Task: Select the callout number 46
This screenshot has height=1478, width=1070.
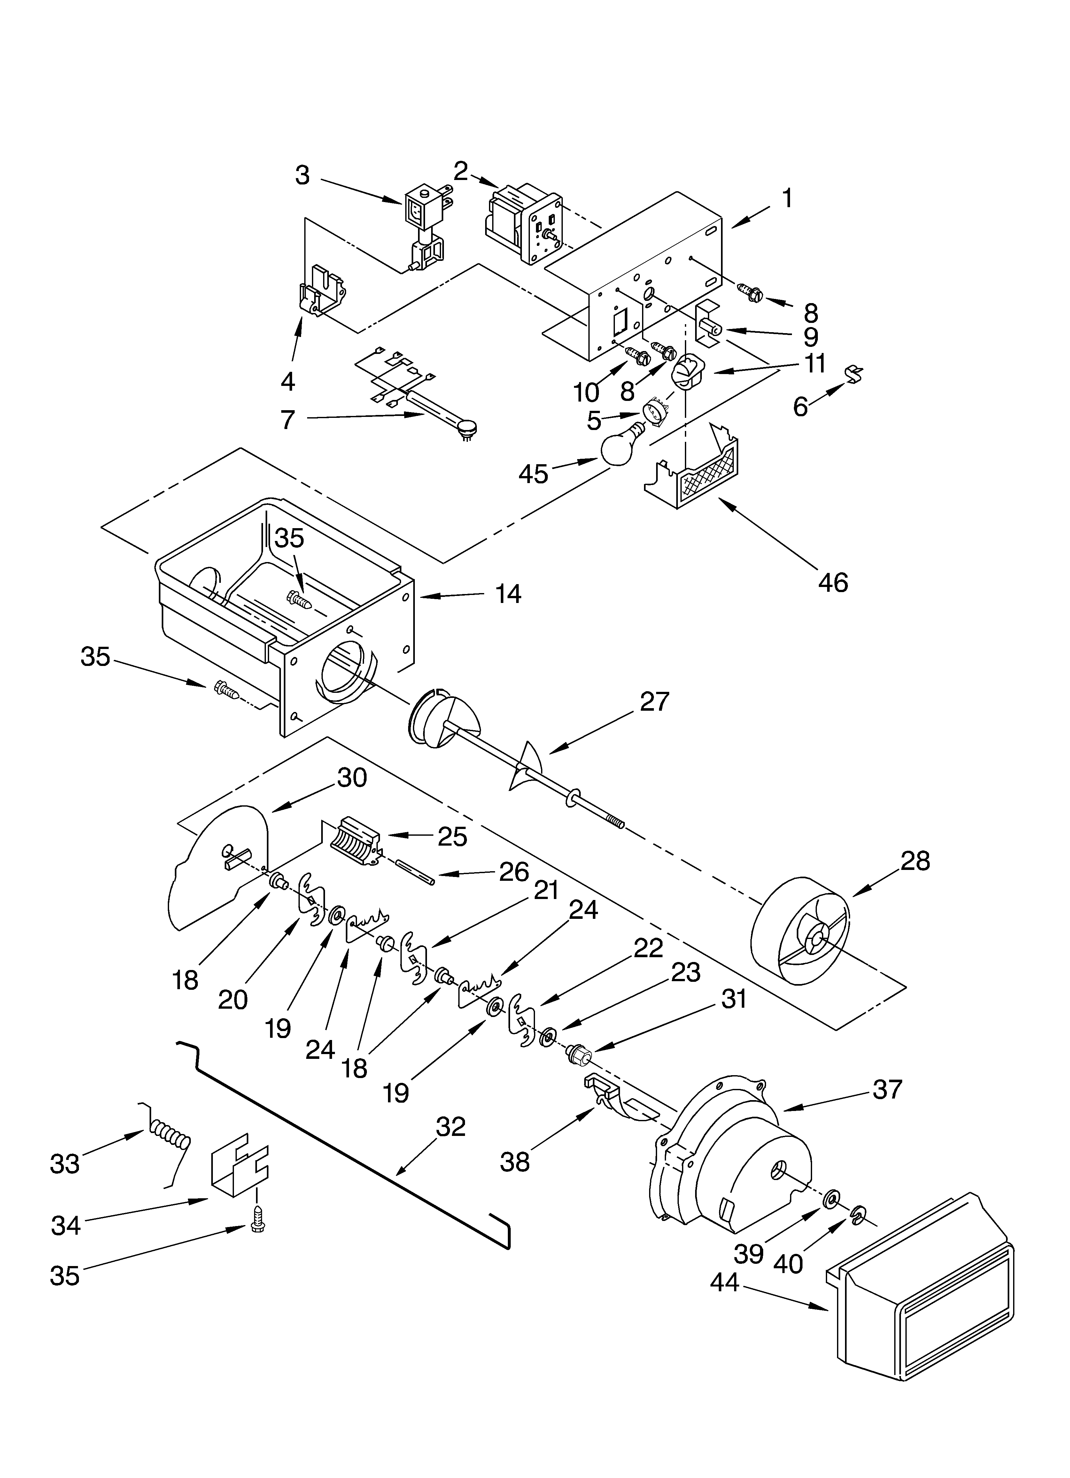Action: (x=833, y=582)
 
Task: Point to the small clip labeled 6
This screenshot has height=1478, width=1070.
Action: (x=854, y=374)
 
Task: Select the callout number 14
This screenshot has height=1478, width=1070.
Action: (x=508, y=594)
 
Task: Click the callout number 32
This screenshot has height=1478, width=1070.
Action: (x=451, y=1126)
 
